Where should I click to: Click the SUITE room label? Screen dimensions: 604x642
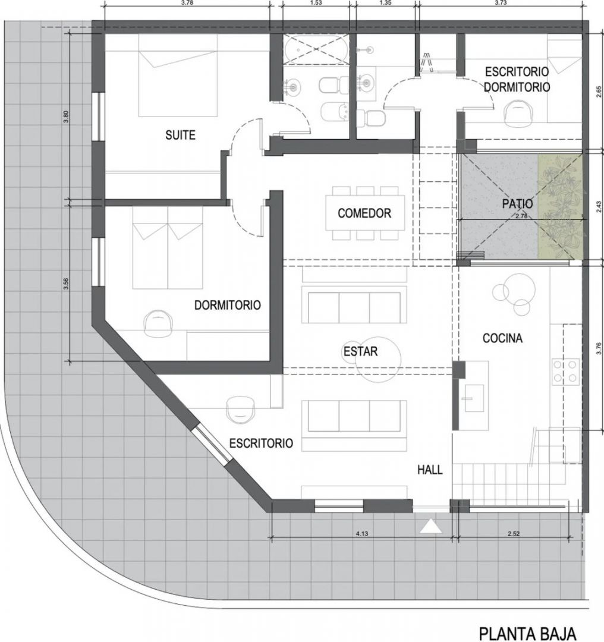tap(180, 135)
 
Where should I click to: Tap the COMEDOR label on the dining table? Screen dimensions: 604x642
tap(364, 213)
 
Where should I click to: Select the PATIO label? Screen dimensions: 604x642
tap(518, 203)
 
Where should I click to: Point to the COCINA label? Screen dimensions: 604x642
tap(502, 338)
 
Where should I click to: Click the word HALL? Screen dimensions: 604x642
tap(430, 470)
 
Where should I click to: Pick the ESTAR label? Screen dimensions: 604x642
tap(360, 351)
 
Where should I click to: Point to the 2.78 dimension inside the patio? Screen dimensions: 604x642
tap(521, 216)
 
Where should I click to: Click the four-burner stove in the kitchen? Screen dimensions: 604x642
tap(565, 371)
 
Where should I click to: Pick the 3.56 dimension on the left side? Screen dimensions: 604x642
tap(67, 284)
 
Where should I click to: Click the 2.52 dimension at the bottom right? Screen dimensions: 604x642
tap(514, 534)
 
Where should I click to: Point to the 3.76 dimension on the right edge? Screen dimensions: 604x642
tap(599, 347)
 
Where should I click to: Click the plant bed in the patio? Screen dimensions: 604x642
tap(560, 207)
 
